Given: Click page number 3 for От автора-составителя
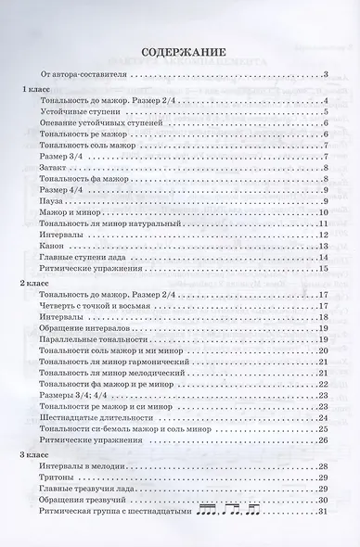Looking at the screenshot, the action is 328,72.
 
